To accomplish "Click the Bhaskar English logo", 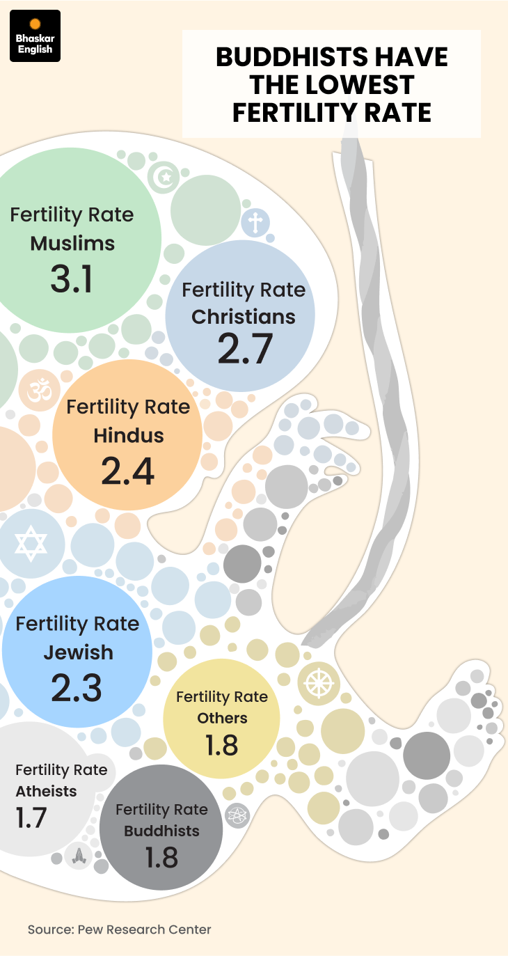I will (x=35, y=36).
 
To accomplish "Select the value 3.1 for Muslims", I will (x=72, y=279).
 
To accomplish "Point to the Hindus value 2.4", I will (x=128, y=471).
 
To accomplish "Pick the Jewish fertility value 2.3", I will (x=77, y=688).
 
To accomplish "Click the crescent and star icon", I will (x=165, y=176).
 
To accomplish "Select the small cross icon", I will (x=256, y=224).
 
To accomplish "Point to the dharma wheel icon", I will (x=317, y=682).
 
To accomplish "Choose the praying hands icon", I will (x=78, y=856).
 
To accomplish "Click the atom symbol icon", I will (x=238, y=814).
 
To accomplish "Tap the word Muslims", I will (x=72, y=244).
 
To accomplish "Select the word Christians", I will (x=244, y=317).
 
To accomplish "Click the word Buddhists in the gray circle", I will (x=162, y=831).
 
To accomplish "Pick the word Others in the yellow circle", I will (x=222, y=718).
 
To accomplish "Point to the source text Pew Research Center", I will (x=144, y=930).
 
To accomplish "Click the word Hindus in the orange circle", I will (x=129, y=436).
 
